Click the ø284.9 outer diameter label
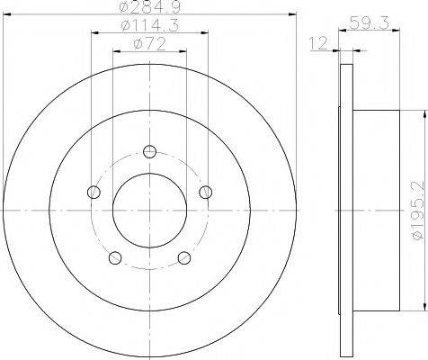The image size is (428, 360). point(150,8)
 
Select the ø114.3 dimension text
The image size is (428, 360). point(150,27)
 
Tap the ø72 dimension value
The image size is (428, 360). point(150,45)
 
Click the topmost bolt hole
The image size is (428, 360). point(150,150)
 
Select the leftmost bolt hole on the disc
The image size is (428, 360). point(94,191)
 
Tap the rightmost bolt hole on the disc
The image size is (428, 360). point(207,191)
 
